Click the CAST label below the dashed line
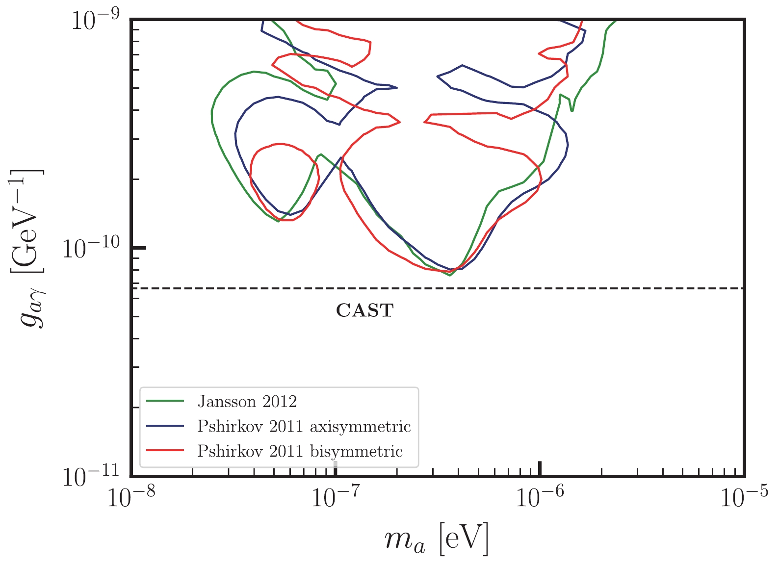click(364, 310)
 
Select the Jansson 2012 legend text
click(247, 402)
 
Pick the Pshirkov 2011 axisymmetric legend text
click(304, 427)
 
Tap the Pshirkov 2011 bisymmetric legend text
click(300, 451)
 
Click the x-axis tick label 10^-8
click(130, 499)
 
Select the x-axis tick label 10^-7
click(336, 499)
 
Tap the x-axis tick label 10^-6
click(540, 499)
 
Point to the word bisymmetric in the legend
click(357, 451)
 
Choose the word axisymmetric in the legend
click(361, 427)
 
